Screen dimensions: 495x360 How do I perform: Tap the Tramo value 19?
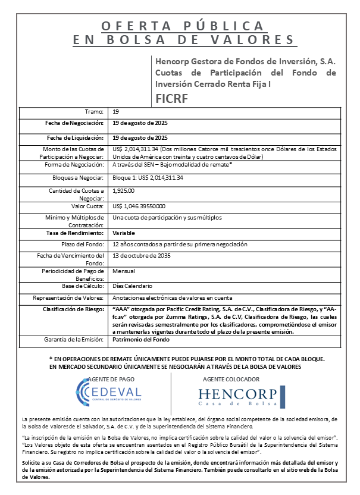115,111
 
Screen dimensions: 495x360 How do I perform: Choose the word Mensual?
124,270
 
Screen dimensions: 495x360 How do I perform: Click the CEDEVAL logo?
109,393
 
